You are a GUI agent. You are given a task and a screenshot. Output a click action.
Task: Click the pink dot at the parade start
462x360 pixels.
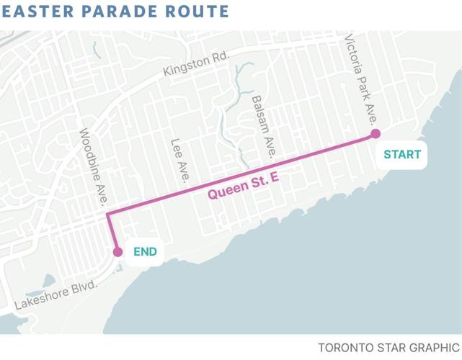tap(376, 134)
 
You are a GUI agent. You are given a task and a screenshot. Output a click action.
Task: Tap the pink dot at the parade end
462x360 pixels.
tap(117, 252)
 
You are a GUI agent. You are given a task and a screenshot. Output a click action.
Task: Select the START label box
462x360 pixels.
tap(402, 155)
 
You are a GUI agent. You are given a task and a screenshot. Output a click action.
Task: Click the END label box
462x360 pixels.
tap(144, 252)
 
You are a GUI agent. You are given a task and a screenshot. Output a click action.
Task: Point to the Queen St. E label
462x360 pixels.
tap(243, 185)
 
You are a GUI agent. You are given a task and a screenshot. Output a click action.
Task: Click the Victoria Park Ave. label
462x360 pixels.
tap(361, 79)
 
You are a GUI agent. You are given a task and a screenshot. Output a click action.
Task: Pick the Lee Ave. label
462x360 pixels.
tap(180, 160)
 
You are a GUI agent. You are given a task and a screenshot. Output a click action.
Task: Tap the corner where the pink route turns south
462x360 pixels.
tap(107, 214)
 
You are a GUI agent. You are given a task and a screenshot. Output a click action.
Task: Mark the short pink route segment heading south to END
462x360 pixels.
tap(112, 233)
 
